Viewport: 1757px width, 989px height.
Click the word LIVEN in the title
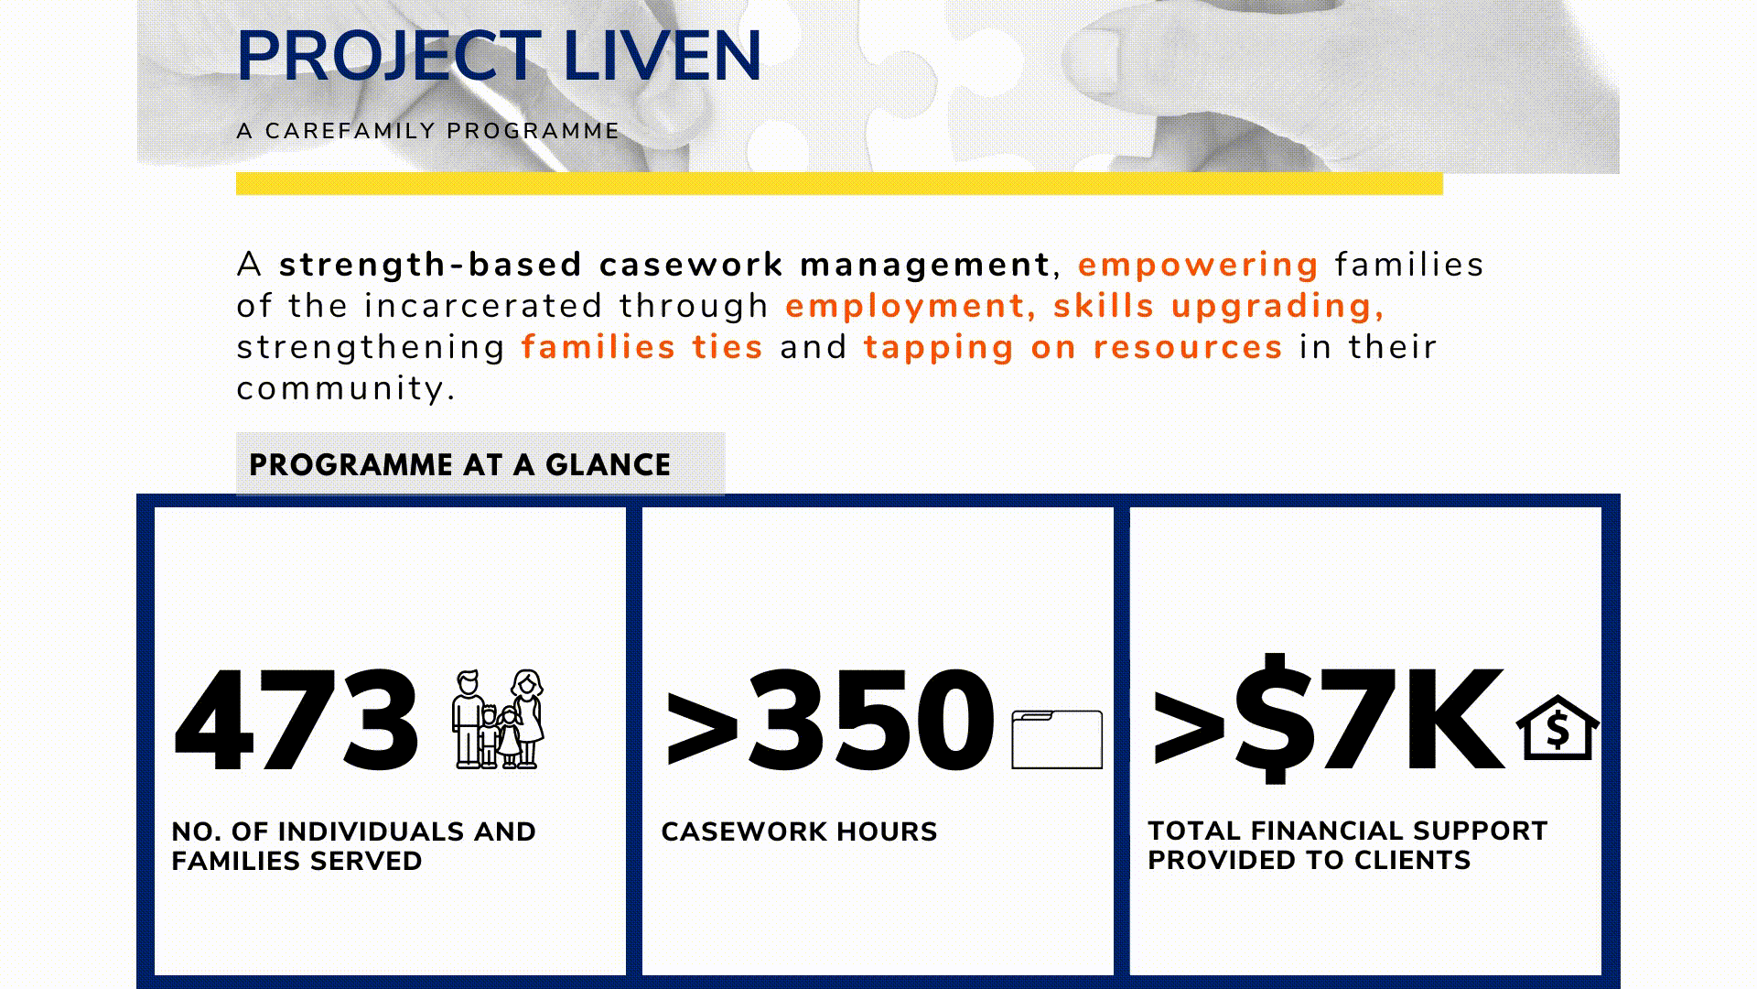(663, 57)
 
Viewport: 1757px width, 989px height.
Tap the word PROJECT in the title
(390, 57)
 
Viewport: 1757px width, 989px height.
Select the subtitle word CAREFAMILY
(350, 131)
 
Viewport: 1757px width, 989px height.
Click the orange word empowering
(1198, 266)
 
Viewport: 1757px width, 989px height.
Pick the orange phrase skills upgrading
(1219, 307)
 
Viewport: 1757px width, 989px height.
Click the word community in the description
(346, 389)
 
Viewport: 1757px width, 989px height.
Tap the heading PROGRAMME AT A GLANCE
(460, 465)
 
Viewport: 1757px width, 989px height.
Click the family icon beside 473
(498, 720)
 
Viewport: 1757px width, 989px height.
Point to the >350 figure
(830, 720)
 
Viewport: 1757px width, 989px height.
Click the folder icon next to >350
(1057, 739)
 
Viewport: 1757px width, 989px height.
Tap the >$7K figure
(1327, 720)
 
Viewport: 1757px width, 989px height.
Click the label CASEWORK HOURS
(799, 831)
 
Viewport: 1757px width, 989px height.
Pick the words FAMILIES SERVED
(296, 861)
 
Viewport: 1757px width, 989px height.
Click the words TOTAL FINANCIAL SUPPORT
(1347, 831)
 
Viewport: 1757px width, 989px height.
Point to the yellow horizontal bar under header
(839, 183)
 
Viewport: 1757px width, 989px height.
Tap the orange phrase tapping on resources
(1073, 348)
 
